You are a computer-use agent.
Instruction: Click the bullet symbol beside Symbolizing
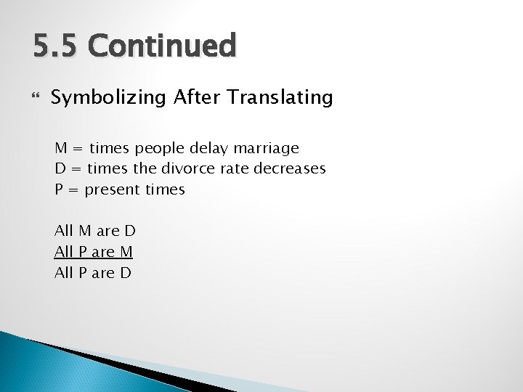(x=36, y=97)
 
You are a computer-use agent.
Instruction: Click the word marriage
(x=266, y=149)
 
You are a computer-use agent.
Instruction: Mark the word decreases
(x=290, y=168)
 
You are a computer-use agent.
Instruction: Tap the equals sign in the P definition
(x=73, y=189)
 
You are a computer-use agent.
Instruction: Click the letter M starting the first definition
(x=61, y=148)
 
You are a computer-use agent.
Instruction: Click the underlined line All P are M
(x=94, y=252)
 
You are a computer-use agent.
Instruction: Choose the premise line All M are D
(x=94, y=232)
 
